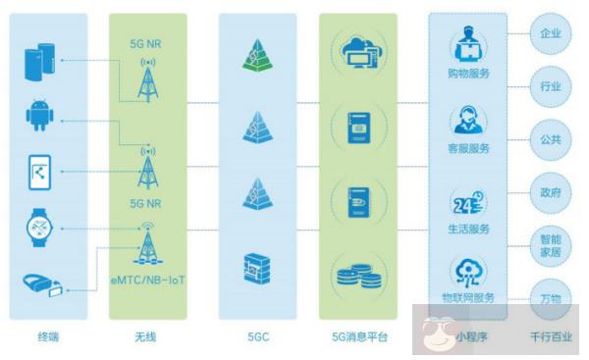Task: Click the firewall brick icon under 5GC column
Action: tap(256, 268)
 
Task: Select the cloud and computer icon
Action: tap(357, 52)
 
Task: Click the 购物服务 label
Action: tap(469, 73)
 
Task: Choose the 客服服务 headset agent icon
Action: tap(469, 122)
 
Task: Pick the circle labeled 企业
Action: tap(552, 34)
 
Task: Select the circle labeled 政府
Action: tap(552, 192)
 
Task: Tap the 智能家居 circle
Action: tap(552, 246)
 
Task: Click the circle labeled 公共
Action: tap(552, 139)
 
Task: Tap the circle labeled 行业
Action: tap(552, 86)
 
